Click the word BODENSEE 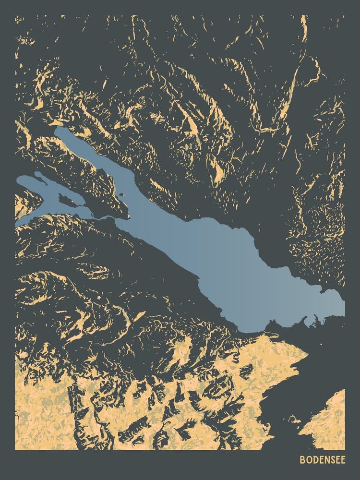point(322,459)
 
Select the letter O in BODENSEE point(308,459)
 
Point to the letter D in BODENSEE point(314,459)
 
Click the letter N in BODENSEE point(325,459)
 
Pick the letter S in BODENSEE point(331,459)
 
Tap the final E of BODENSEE point(342,459)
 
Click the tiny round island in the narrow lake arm point(121,195)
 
